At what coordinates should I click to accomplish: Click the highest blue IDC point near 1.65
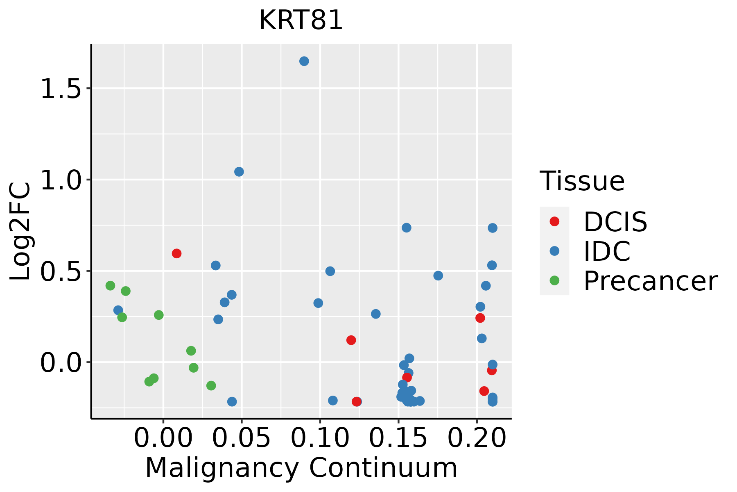pyautogui.click(x=304, y=61)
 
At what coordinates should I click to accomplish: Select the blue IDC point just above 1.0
pyautogui.click(x=239, y=172)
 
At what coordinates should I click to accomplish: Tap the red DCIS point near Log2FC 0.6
pyautogui.click(x=176, y=253)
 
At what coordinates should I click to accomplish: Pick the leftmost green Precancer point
pyautogui.click(x=110, y=286)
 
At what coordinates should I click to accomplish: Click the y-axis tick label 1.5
pyautogui.click(x=61, y=89)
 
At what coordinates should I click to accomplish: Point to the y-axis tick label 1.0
pyautogui.click(x=61, y=180)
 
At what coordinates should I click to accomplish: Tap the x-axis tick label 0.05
pyautogui.click(x=242, y=438)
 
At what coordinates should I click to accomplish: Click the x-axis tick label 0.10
pyautogui.click(x=320, y=438)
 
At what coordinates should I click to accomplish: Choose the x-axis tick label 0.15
pyautogui.click(x=398, y=438)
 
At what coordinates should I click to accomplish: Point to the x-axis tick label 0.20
pyautogui.click(x=477, y=438)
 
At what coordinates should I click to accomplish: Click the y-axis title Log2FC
pyautogui.click(x=20, y=232)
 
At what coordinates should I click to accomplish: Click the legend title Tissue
pyautogui.click(x=582, y=181)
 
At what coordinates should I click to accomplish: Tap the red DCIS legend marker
pyautogui.click(x=554, y=221)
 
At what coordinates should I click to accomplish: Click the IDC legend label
pyautogui.click(x=607, y=251)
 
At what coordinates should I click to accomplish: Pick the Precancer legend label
pyautogui.click(x=650, y=281)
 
